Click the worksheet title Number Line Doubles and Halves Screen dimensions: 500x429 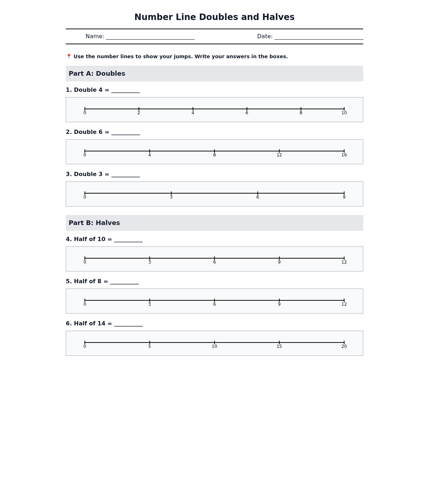pos(214,17)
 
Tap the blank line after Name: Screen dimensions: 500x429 pos(150,37)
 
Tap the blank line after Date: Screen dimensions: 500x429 pos(319,37)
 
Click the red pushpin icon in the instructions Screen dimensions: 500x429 pos(69,56)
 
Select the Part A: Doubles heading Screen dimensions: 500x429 pos(97,74)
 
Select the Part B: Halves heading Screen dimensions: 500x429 pos(94,223)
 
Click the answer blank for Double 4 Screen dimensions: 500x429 pos(125,91)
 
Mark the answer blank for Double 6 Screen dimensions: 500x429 pos(125,133)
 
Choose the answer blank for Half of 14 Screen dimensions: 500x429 pos(128,324)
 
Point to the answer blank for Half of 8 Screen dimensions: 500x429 pos(124,282)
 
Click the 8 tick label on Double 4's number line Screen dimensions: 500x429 pos(301,113)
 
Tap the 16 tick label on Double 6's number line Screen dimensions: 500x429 pos(344,155)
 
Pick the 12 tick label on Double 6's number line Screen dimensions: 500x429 pos(279,155)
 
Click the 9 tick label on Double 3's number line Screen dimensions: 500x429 pos(344,197)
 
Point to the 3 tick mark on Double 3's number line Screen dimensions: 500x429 pos(171,193)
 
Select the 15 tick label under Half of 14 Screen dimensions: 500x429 pos(279,346)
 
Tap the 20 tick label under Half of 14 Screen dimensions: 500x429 pos(344,346)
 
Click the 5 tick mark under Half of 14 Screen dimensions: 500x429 pos(149,342)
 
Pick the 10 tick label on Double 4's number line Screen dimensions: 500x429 pos(344,113)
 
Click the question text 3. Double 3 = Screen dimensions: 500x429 pos(88,174)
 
